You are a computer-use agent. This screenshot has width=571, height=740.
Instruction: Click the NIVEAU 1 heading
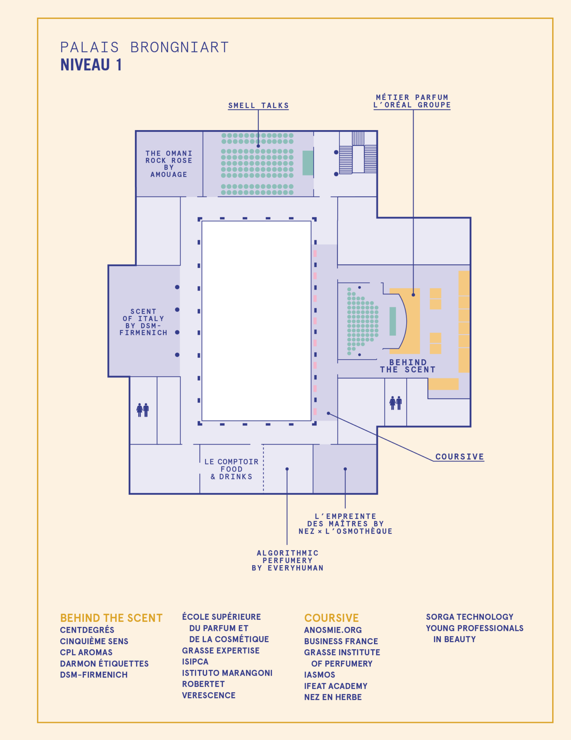[91, 65]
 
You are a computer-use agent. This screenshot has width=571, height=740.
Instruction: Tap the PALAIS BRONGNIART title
[145, 47]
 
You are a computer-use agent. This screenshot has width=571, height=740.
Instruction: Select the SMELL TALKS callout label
[258, 106]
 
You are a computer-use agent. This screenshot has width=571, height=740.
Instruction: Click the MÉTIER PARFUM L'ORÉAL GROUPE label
[412, 101]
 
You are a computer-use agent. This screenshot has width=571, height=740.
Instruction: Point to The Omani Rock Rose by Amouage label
[169, 164]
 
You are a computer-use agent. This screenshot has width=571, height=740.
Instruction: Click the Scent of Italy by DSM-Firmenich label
[143, 322]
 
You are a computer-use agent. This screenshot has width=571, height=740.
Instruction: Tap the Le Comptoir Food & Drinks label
[232, 469]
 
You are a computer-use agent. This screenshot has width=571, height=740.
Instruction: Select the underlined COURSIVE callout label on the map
[459, 457]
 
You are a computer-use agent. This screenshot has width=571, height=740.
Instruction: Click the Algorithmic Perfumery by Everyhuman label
[288, 560]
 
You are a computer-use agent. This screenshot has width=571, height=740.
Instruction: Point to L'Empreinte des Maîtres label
[345, 524]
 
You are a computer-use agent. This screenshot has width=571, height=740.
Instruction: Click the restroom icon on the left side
[143, 410]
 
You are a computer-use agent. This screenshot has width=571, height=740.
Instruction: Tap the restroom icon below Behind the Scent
[396, 403]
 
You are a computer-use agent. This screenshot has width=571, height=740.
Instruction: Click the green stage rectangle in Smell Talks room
[308, 163]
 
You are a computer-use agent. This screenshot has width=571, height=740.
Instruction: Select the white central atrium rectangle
[257, 321]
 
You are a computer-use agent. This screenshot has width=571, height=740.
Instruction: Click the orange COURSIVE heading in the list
[331, 618]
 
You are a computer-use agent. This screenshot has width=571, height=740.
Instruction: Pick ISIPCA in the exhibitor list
[195, 662]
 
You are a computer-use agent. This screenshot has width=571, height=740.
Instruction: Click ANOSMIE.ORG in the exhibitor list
[333, 630]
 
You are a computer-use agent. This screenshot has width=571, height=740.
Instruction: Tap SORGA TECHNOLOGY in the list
[469, 617]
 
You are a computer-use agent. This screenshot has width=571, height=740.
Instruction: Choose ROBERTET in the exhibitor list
[203, 684]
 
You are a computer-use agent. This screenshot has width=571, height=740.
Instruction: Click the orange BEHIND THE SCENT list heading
[111, 618]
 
